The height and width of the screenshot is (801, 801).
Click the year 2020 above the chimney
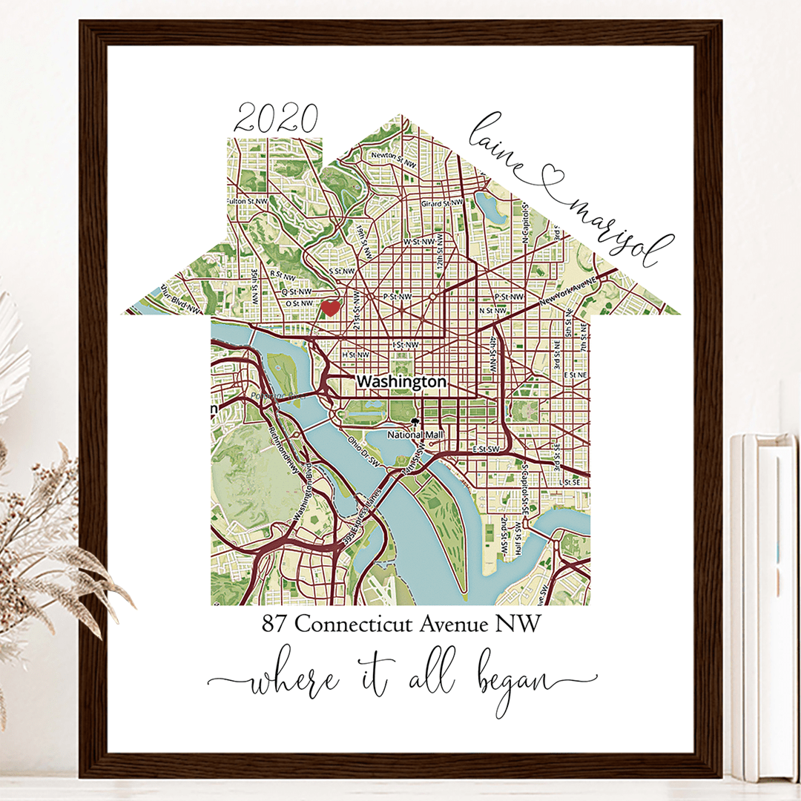pos(276,119)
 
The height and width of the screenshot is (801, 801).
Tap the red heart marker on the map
pos(331,306)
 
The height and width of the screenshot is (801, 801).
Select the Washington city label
pos(401,381)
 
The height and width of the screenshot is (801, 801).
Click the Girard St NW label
pos(443,203)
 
